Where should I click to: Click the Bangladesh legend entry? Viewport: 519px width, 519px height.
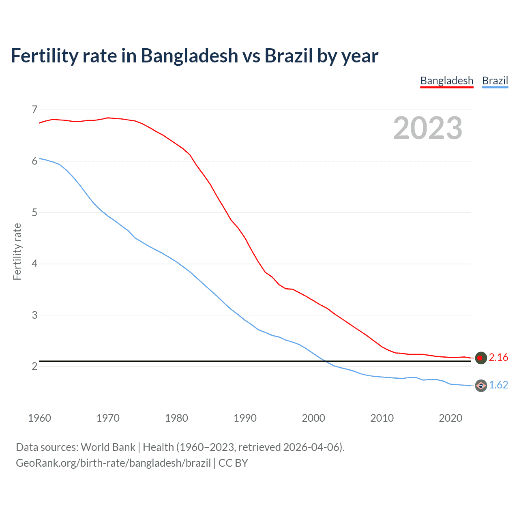446,81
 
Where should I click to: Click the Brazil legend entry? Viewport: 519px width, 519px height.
495,81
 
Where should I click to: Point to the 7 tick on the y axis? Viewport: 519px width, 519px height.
34,110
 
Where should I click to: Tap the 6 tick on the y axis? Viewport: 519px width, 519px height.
34,161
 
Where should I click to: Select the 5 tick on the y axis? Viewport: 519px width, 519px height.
34,212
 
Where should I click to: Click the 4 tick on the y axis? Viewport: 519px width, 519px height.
34,264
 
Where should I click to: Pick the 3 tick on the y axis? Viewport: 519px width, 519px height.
34,315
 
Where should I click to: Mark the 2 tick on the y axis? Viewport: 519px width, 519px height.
34,367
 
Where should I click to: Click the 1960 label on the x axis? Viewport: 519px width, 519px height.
39,418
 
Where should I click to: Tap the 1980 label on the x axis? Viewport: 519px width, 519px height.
176,418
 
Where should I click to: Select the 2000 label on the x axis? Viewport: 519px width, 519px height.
313,418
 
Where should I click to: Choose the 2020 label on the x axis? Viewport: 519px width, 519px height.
450,418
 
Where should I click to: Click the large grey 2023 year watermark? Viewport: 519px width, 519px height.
427,128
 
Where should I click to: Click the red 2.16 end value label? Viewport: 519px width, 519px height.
498,357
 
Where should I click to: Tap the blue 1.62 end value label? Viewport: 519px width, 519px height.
498,385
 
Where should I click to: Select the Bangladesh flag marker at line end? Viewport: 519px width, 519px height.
480,358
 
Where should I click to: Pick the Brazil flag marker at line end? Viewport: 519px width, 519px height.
480,386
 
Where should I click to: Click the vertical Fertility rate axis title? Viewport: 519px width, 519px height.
17,251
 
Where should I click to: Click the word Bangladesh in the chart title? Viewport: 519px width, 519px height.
189,56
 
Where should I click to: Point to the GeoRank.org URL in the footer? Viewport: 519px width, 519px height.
113,463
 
